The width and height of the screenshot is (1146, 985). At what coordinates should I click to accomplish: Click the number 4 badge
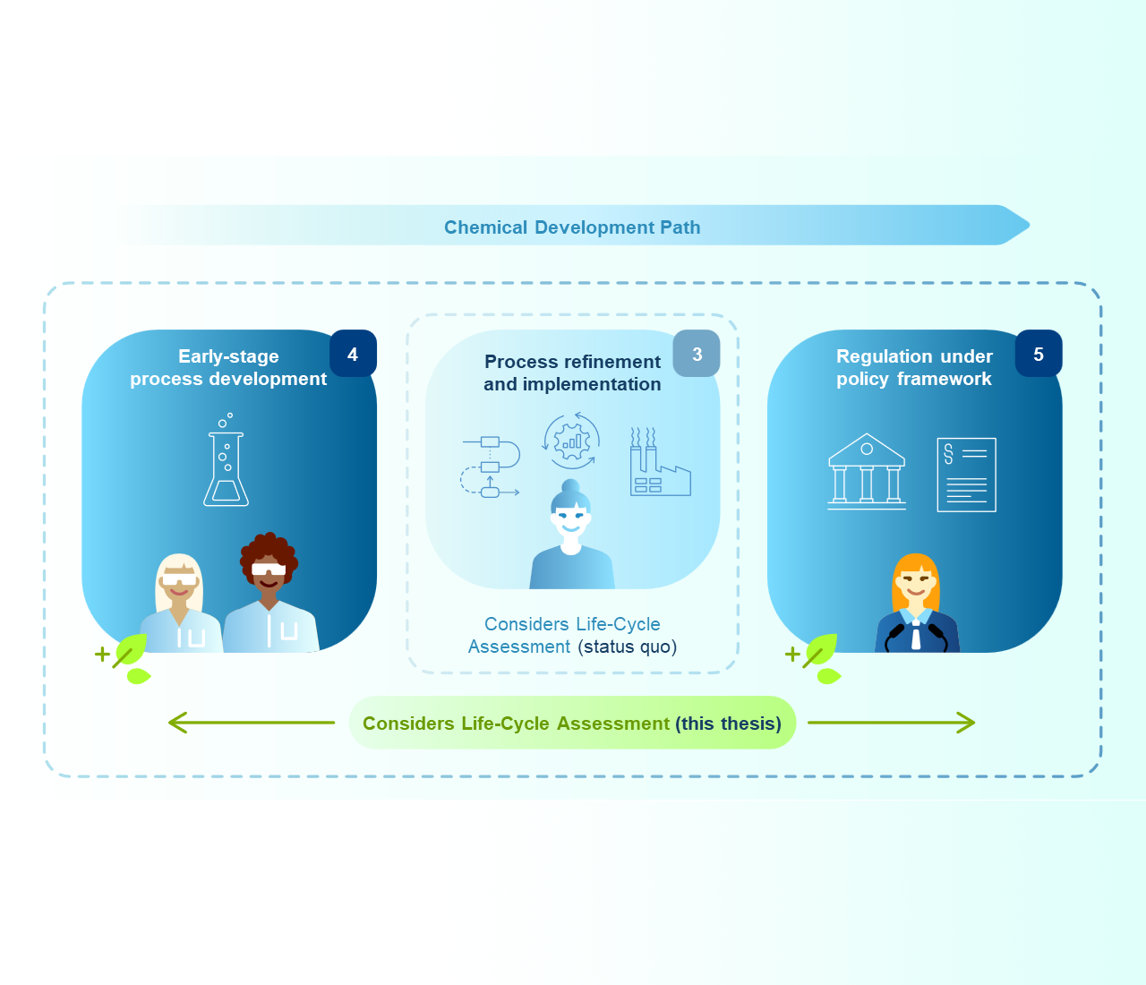point(353,354)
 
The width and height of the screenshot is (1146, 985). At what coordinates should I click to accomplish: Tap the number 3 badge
point(697,354)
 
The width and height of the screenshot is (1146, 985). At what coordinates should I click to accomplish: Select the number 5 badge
point(1039,354)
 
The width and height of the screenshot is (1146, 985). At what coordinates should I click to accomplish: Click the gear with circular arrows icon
point(571,441)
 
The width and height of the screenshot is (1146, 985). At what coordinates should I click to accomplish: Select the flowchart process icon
point(490,467)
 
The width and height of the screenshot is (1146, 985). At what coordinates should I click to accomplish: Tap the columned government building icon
point(867,472)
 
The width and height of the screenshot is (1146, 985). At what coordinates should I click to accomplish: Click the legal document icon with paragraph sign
point(966,475)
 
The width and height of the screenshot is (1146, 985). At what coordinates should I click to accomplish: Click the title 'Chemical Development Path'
point(572,227)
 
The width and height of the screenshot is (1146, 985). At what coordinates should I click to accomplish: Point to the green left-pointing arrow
point(251,722)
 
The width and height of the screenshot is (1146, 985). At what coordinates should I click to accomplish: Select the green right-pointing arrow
point(892,722)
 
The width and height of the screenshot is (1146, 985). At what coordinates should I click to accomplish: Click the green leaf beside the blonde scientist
point(132,649)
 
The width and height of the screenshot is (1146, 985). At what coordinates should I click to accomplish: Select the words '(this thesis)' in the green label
point(728,724)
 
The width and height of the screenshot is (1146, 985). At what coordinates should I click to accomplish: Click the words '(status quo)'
point(628,647)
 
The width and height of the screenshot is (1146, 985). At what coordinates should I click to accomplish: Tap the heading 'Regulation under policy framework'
point(914,367)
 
